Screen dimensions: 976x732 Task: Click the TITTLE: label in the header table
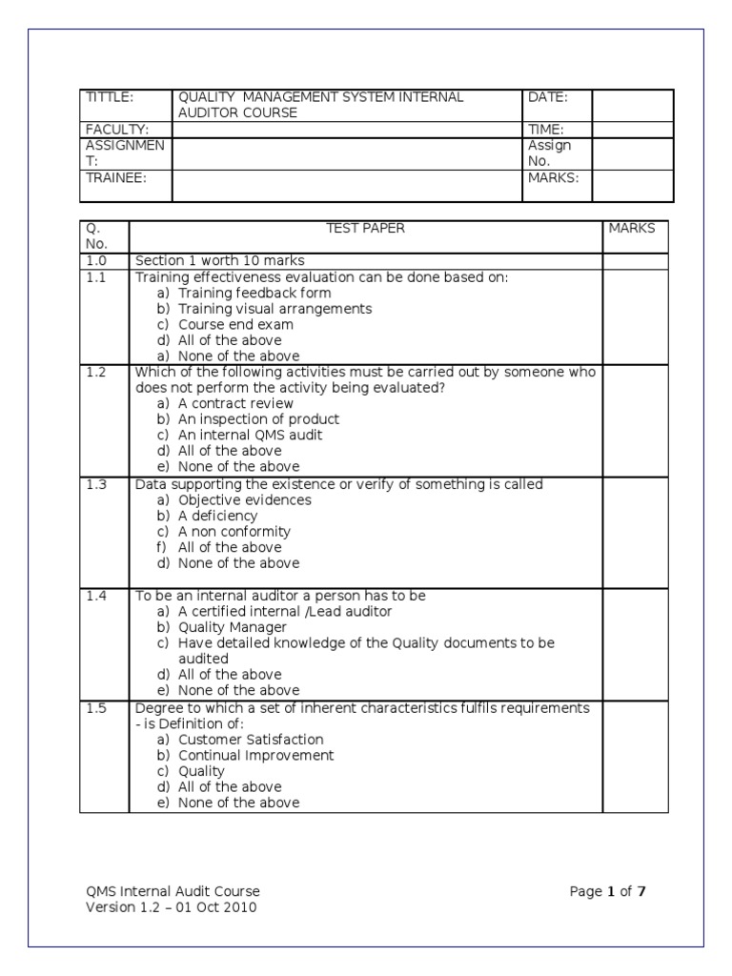point(110,97)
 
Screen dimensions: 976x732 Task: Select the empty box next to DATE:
point(632,105)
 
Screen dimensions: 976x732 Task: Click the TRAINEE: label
point(116,177)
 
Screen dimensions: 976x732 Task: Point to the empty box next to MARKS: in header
point(632,186)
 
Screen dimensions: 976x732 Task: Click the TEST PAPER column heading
point(365,229)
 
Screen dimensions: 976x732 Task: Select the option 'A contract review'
point(235,404)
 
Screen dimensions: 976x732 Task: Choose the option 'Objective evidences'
point(244,500)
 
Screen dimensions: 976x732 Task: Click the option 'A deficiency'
point(217,517)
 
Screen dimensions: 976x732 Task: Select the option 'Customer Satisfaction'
point(251,740)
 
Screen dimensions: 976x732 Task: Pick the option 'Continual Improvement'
point(255,756)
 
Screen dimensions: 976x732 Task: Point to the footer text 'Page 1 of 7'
point(608,892)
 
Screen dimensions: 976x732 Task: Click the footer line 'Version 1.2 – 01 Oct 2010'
point(171,907)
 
